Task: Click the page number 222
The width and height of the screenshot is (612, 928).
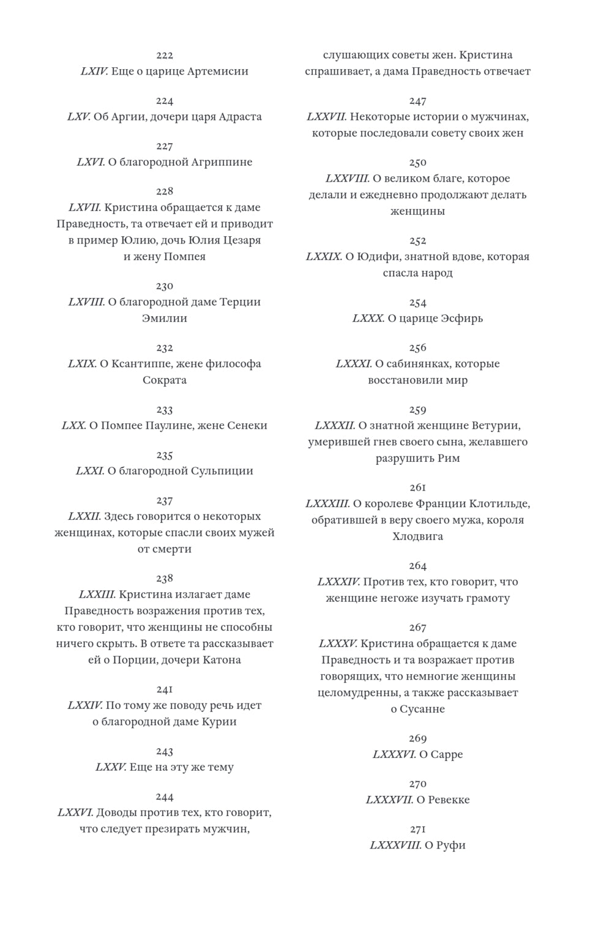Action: [165, 55]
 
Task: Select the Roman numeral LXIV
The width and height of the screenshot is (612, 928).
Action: [94, 71]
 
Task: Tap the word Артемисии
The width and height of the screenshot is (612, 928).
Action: [217, 71]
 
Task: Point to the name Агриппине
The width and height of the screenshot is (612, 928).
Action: [222, 162]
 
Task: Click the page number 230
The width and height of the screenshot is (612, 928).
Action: [165, 286]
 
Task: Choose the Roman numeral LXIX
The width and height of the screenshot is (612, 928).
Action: [82, 363]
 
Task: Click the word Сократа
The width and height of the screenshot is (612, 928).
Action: [165, 380]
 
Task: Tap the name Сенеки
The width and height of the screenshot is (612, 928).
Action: [247, 425]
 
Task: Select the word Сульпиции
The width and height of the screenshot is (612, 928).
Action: [222, 470]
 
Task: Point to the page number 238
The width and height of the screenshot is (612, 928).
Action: [165, 578]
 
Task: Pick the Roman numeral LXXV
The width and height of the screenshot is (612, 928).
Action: [111, 767]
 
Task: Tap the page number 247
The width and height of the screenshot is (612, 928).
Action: [418, 100]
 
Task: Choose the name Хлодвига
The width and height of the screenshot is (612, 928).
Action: [418, 536]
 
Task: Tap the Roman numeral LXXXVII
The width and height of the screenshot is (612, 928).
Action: [389, 800]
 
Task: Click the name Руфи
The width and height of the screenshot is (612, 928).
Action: [451, 845]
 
